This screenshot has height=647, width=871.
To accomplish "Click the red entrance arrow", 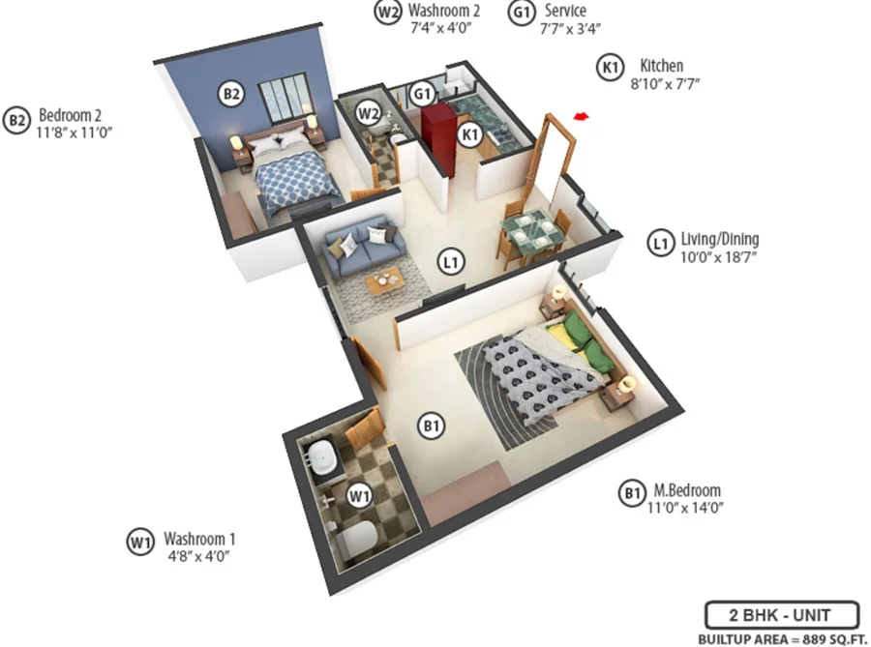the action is click(x=581, y=116).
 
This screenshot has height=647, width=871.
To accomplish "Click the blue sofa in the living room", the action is click(x=364, y=244).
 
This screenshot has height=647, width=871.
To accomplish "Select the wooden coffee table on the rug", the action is click(x=385, y=280).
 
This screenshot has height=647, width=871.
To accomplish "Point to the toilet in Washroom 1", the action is click(x=356, y=536).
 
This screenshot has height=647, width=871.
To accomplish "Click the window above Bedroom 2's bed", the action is click(x=283, y=98).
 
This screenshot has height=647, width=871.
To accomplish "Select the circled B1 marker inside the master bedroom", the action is click(x=432, y=426).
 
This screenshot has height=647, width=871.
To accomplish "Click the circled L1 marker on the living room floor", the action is click(x=451, y=261).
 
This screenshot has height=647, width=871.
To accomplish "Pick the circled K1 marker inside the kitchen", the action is click(x=470, y=134).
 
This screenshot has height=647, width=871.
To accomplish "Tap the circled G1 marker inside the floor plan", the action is click(x=422, y=94).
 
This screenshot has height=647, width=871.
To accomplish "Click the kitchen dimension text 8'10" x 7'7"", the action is click(x=664, y=84).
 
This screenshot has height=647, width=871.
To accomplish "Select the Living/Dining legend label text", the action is click(x=720, y=239).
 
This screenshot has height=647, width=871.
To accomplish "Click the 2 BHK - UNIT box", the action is click(x=782, y=615).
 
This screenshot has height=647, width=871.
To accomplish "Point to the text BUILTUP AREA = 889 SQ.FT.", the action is click(x=783, y=639).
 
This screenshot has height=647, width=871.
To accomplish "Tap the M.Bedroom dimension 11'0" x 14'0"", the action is click(x=685, y=508).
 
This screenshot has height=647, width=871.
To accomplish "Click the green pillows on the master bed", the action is click(x=586, y=340).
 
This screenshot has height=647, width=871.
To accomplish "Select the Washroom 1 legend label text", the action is click(x=199, y=539).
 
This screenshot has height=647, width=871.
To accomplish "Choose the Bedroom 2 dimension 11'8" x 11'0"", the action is click(x=74, y=133).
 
